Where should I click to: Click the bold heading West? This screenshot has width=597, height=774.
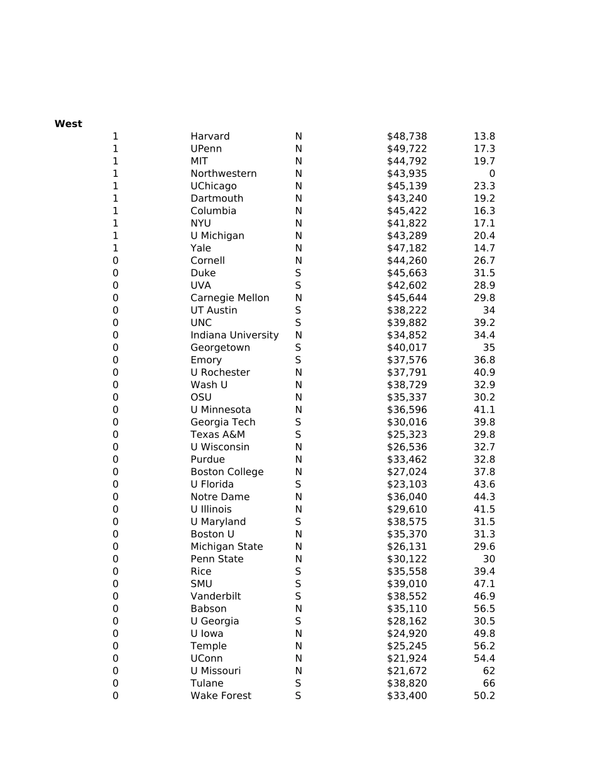[68, 124]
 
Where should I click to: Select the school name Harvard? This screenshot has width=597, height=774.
[210, 137]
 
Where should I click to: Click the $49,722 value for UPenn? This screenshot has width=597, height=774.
[407, 149]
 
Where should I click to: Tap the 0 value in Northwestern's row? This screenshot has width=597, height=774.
[491, 174]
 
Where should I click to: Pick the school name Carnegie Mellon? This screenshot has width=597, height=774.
[229, 298]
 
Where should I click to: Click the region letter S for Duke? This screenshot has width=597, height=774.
[298, 273]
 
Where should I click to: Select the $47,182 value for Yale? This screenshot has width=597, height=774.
[407, 249]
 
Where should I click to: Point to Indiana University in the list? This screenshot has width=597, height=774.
[234, 335]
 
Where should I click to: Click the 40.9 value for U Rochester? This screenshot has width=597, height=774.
[484, 373]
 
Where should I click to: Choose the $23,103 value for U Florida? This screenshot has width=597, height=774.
[407, 485]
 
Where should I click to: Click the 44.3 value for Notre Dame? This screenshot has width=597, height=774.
[484, 497]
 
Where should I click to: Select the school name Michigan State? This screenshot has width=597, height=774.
[226, 547]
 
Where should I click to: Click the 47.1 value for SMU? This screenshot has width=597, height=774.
[484, 584]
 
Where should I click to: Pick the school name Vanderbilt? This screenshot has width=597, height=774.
[216, 597]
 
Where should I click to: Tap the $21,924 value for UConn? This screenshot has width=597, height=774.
[407, 659]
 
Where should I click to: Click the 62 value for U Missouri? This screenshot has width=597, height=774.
[488, 671]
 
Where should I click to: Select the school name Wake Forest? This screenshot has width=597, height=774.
[221, 696]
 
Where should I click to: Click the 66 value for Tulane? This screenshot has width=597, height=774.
[488, 683]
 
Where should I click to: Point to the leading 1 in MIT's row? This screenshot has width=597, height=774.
[115, 161]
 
